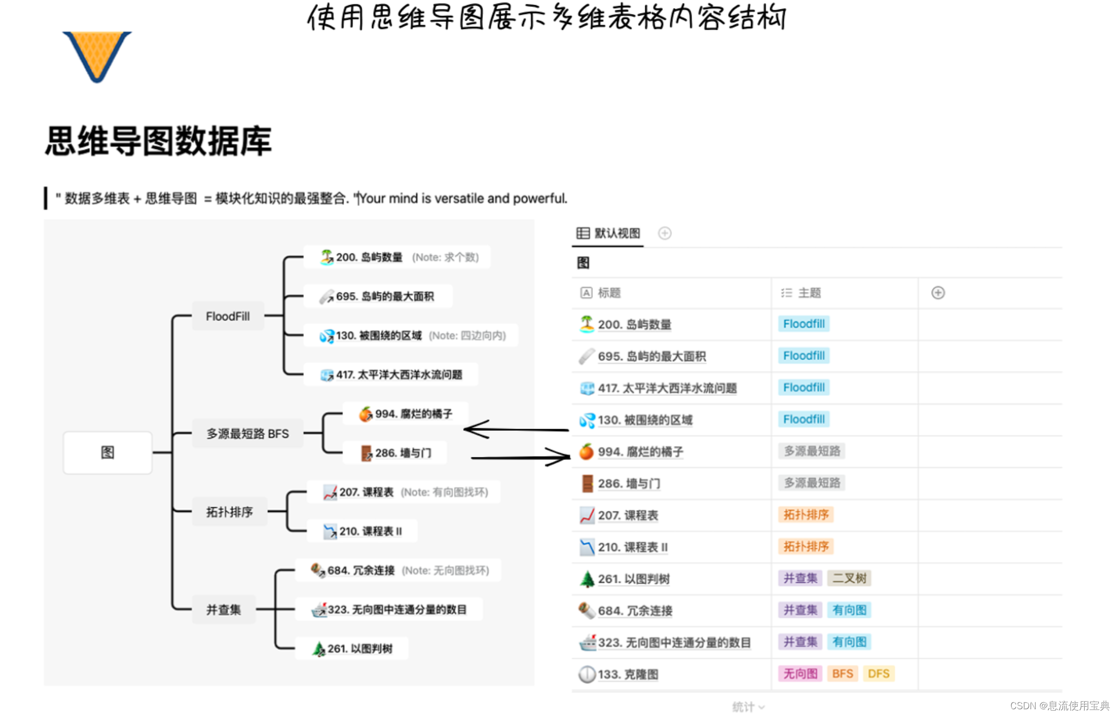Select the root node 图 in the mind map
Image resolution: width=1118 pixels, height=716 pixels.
pos(107,452)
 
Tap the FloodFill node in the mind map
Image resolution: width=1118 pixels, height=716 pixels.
pos(227,316)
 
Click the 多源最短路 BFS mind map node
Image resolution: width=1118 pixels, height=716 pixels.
pos(247,433)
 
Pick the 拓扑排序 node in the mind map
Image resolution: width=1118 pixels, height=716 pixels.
pos(229,512)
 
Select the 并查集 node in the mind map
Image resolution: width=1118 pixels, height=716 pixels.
pos(223,609)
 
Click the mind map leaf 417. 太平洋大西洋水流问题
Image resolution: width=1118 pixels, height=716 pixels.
pos(398,375)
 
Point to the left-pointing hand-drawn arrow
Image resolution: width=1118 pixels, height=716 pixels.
pos(515,429)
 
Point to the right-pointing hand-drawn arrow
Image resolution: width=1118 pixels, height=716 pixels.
pos(520,457)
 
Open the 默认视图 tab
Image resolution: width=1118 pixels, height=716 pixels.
pos(608,233)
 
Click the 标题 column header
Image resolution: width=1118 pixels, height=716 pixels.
pos(608,293)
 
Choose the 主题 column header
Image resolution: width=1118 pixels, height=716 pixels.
pos(809,293)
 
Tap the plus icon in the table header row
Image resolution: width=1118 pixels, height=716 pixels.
pos(938,293)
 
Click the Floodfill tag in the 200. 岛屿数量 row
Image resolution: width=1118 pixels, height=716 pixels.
pos(804,324)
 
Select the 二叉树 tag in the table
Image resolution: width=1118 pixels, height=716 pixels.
pos(849,578)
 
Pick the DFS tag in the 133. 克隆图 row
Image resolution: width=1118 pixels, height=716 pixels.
pos(878,673)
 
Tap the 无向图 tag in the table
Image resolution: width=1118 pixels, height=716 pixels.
pos(800,673)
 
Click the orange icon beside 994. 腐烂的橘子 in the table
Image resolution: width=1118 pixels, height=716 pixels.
pos(587,452)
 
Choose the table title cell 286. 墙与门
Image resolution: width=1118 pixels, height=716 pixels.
pos(629,483)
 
